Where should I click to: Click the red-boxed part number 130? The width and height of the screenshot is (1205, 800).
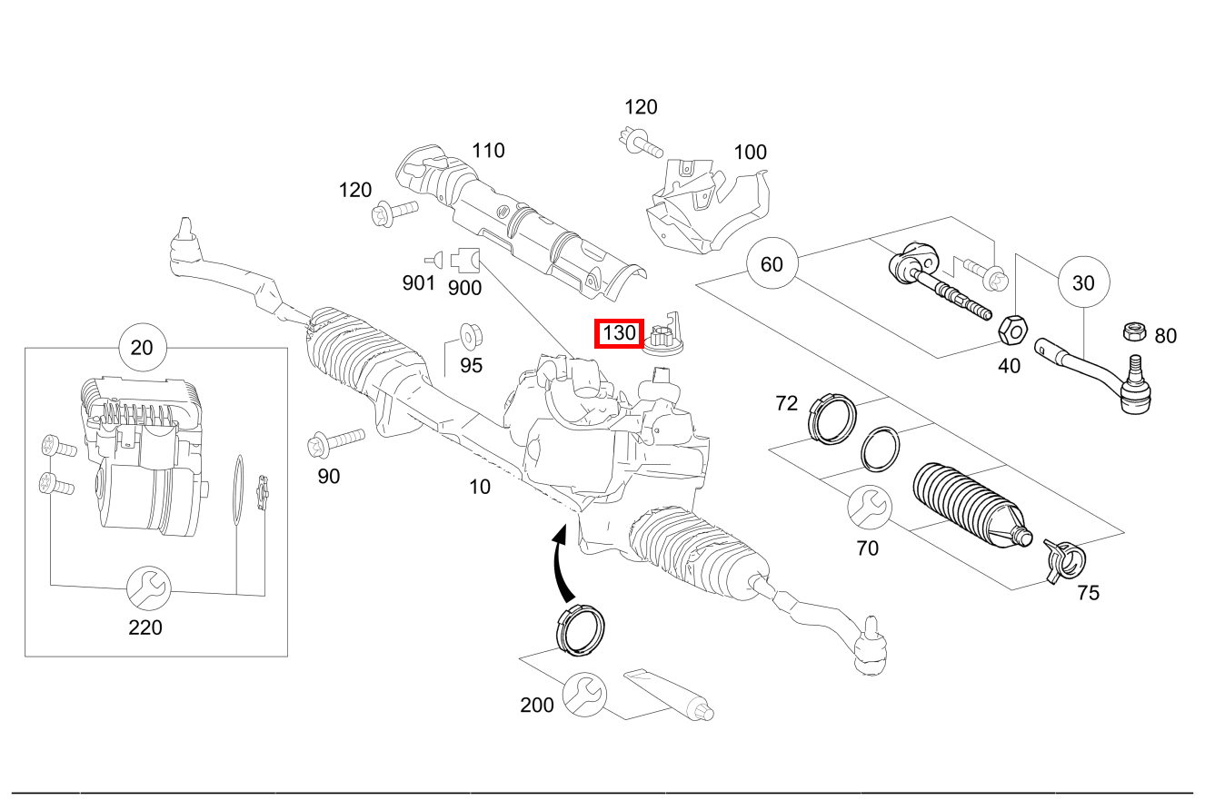tap(619, 333)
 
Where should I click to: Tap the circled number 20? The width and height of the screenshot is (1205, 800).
tap(142, 348)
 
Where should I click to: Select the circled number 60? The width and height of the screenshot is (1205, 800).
tap(771, 264)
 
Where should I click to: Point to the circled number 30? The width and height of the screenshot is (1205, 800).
tap(1083, 282)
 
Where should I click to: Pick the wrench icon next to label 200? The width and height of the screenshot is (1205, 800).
tap(583, 696)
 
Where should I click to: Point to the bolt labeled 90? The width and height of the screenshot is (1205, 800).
tap(336, 442)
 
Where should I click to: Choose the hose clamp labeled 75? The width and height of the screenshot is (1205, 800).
tap(1061, 557)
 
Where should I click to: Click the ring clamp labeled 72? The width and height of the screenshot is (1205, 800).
tap(832, 415)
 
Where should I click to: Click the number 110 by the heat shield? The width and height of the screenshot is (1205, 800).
tap(488, 151)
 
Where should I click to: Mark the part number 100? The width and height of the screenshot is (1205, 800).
tap(750, 153)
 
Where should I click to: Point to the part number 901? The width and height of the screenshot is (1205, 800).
tap(419, 283)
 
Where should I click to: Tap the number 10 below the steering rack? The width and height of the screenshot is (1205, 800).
tap(480, 487)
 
